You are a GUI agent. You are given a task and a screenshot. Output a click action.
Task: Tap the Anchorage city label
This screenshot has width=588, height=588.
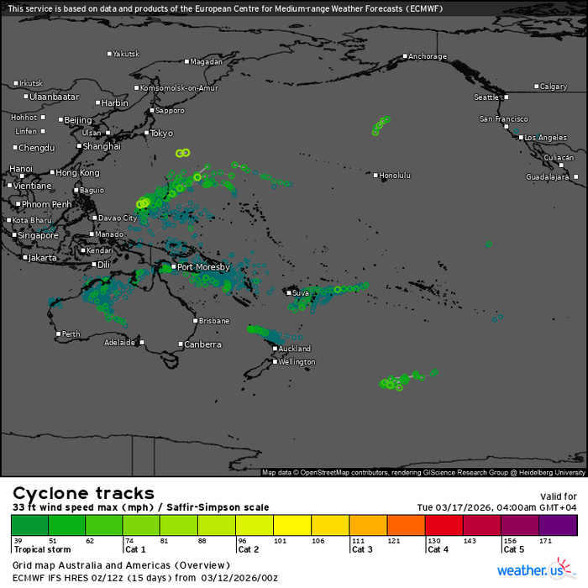428,57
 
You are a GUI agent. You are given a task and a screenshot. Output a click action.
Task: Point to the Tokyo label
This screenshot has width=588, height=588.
161,133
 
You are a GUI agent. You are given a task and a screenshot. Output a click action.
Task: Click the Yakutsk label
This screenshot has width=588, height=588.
126,54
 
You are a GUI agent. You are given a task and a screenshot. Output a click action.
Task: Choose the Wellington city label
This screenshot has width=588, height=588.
298,362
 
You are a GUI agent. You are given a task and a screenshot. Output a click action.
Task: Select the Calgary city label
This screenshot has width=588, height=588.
554,87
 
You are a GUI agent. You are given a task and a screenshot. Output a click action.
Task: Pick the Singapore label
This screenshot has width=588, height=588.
38,236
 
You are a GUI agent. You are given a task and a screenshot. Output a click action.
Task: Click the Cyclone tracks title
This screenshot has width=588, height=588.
84,493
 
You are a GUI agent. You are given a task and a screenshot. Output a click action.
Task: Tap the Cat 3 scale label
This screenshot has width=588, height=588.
361,549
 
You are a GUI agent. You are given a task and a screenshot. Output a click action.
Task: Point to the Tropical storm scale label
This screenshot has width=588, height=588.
41,549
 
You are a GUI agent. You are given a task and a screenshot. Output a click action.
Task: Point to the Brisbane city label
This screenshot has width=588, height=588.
213,321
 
